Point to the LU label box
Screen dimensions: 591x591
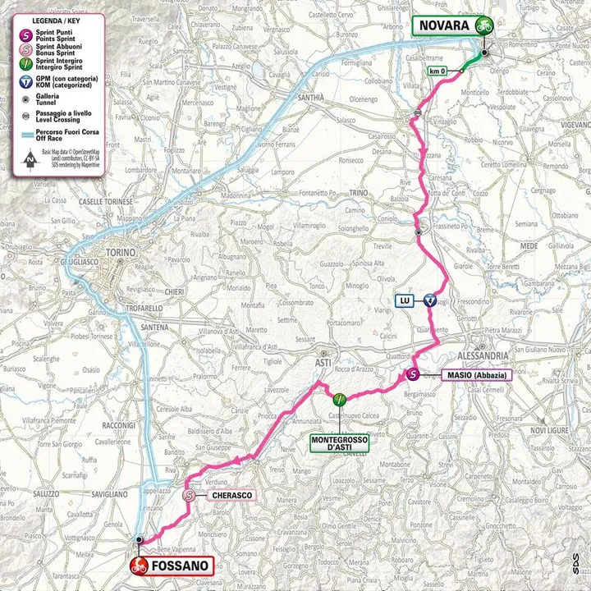[x=405, y=301]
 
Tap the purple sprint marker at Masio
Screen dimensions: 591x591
[x=414, y=376]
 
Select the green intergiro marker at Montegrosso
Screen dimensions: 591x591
[x=339, y=400]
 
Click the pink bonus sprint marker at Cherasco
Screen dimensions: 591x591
[x=190, y=496]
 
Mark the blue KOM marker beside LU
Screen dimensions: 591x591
[x=429, y=301]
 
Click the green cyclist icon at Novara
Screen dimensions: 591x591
[x=484, y=25]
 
